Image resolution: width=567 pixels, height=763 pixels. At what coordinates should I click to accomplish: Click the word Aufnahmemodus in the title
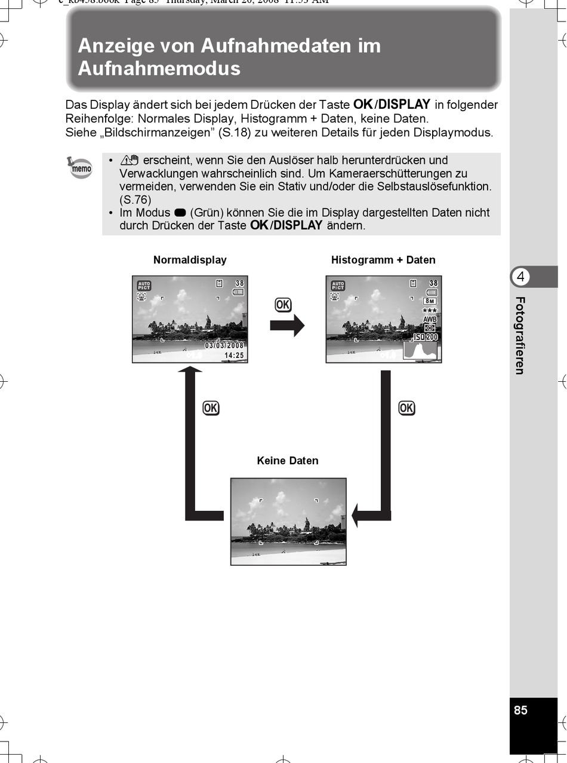[x=159, y=69]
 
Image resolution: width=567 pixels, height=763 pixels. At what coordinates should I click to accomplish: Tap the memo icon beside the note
[x=81, y=168]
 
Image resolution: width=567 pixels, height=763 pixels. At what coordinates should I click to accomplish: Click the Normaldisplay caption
[x=190, y=260]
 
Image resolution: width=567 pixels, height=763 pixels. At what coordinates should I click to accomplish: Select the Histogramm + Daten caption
[x=383, y=260]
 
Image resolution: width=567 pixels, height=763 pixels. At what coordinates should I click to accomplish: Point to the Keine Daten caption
[x=288, y=461]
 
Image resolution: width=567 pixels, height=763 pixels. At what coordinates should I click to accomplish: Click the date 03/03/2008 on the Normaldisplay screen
[x=224, y=345]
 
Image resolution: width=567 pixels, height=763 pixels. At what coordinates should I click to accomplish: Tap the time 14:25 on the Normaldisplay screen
[x=234, y=356]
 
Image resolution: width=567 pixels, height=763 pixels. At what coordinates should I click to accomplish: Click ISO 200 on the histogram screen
[x=426, y=338]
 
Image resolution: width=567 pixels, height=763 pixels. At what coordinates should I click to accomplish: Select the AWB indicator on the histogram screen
[x=430, y=320]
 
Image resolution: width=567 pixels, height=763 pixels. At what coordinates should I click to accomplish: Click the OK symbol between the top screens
[x=283, y=305]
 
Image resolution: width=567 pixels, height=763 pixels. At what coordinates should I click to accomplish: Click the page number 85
[x=520, y=710]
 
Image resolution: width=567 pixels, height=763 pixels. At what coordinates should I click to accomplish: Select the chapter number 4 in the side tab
[x=521, y=277]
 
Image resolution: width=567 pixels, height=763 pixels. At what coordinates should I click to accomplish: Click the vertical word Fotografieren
[x=520, y=336]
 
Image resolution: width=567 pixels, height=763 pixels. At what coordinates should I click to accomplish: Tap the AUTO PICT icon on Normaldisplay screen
[x=144, y=285]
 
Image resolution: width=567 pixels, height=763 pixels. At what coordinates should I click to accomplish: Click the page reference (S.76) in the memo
[x=135, y=200]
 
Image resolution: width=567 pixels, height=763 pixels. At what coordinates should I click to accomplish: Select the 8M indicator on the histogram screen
[x=430, y=301]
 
